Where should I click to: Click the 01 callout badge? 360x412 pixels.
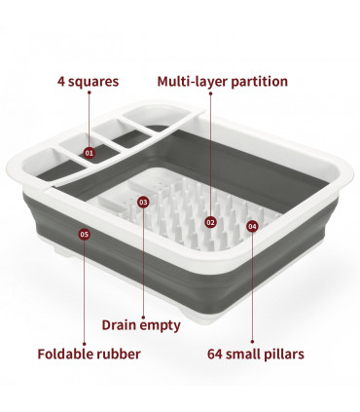pos(90,153)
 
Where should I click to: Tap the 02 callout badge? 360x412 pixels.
pos(211,222)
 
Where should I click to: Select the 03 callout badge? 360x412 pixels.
pos(143,203)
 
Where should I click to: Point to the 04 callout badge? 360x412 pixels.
pos(253,226)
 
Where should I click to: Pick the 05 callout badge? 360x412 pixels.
pos(85,234)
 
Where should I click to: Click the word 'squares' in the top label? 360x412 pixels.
pos(93,82)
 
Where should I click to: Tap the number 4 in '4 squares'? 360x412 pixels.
pos(61,82)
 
